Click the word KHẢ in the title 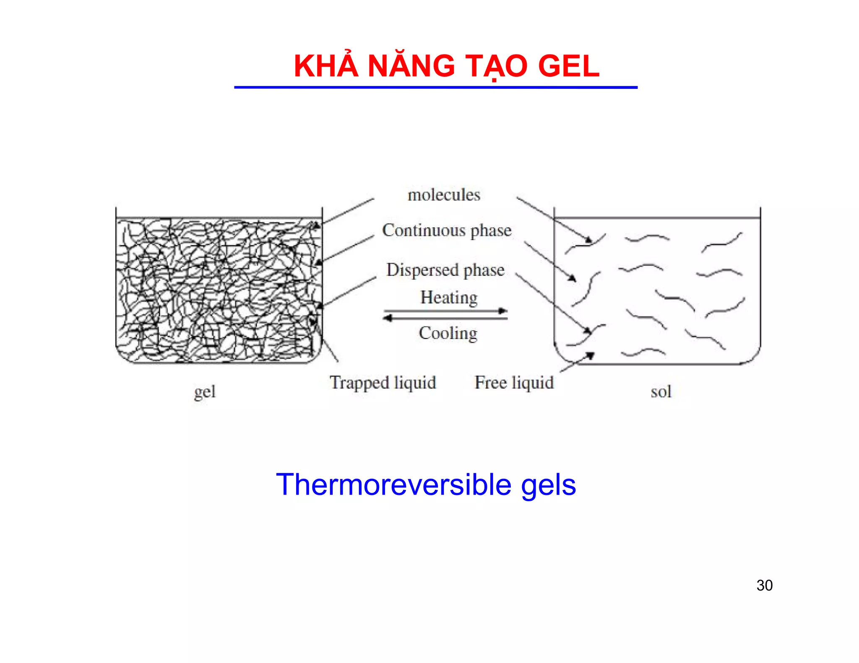click(x=326, y=66)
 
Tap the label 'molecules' click(x=444, y=195)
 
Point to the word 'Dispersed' click(x=422, y=270)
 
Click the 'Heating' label click(x=449, y=298)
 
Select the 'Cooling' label click(x=448, y=334)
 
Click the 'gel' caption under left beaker click(x=205, y=392)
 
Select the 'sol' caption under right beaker click(x=661, y=392)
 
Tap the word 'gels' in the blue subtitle click(x=548, y=485)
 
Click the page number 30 click(x=764, y=585)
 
